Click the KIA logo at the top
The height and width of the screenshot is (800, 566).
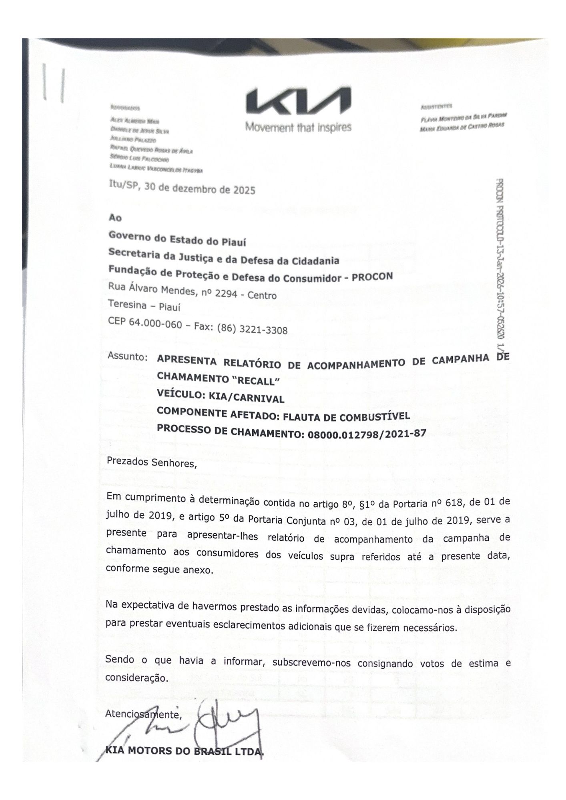tap(298, 102)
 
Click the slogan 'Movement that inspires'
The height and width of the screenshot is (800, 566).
tap(298, 127)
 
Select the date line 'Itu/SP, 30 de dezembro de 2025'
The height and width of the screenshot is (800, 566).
tap(182, 187)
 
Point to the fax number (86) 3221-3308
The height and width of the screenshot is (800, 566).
tap(252, 329)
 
